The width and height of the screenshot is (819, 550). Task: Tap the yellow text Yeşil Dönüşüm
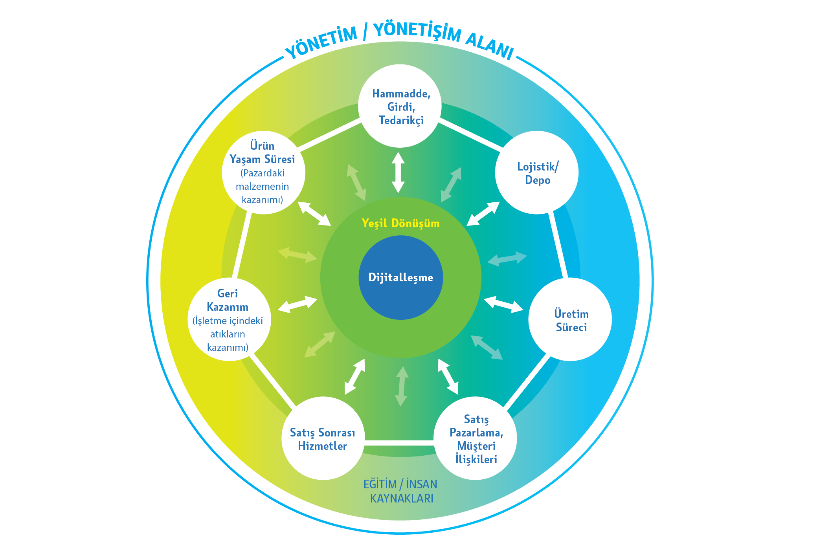[400, 223]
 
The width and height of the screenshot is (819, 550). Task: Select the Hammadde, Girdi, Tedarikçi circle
[400, 106]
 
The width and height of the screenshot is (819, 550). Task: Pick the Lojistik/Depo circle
[537, 173]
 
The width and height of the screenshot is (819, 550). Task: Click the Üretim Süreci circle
[570, 320]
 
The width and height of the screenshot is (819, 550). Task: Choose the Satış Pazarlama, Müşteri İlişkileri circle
[476, 438]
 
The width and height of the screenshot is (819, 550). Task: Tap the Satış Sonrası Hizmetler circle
[323, 438]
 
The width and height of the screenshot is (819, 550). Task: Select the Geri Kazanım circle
[229, 320]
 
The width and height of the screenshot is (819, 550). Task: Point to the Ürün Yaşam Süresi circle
[263, 173]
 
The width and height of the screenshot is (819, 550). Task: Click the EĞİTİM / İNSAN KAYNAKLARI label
[400, 491]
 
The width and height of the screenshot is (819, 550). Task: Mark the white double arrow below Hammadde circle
[398, 172]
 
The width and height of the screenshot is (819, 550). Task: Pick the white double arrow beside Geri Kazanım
[297, 304]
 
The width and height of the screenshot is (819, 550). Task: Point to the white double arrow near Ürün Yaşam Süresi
[314, 214]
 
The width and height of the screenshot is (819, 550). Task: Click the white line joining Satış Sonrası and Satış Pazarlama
[399, 443]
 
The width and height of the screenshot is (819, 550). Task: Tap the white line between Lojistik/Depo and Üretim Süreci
[558, 246]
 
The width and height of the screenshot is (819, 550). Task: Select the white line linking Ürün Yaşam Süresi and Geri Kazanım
[241, 246]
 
